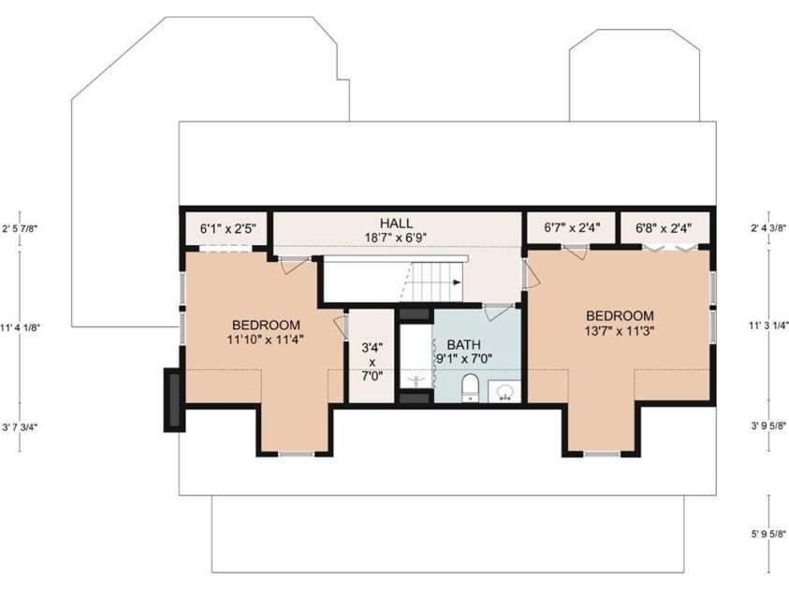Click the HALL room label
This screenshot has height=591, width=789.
[397, 223]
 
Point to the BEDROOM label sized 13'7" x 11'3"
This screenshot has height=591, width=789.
[619, 315]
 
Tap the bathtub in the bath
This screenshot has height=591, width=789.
[415, 356]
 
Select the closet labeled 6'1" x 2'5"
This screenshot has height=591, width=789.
[227, 228]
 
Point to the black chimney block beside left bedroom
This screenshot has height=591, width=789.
[174, 399]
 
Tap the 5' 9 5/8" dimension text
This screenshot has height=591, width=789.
[769, 536]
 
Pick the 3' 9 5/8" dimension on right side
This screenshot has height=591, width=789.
[769, 425]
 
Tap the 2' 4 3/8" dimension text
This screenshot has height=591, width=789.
[769, 227]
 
